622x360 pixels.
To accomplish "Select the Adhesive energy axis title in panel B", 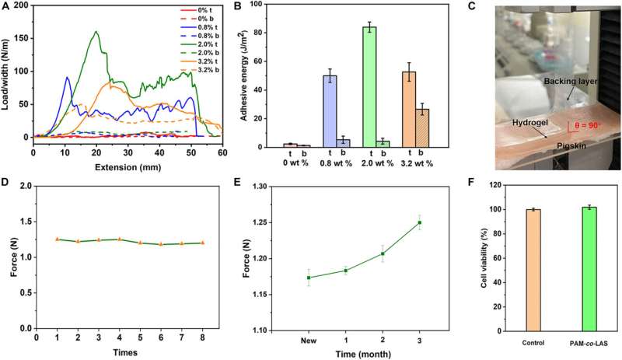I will point(257,74).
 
